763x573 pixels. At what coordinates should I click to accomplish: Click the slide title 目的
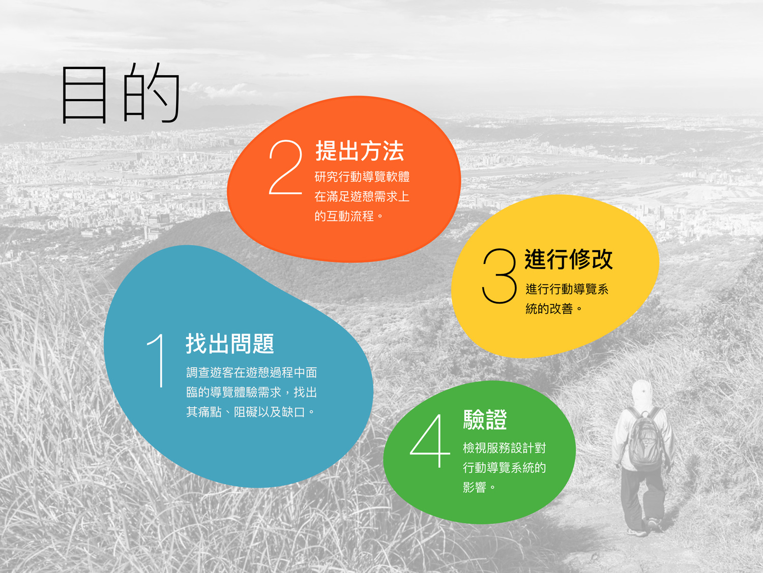point(121,93)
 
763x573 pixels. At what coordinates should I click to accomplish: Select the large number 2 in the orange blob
point(286,167)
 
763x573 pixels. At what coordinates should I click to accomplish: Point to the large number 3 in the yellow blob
point(499,276)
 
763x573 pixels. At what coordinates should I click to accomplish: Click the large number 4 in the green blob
point(430,441)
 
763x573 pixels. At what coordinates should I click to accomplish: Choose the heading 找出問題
point(230,344)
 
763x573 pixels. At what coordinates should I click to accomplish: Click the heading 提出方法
point(360,151)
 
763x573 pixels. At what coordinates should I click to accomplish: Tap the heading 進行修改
point(568,259)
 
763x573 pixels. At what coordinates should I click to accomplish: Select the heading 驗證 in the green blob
point(485,420)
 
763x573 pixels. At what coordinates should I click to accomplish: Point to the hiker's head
point(642,393)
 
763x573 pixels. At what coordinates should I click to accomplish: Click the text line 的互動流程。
point(349,216)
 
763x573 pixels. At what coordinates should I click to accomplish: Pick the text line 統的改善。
point(554,309)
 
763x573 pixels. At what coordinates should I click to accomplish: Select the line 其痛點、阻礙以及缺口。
point(251,412)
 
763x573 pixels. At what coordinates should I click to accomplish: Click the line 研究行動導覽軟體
point(362,177)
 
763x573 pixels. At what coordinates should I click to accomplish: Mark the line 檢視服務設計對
point(504,448)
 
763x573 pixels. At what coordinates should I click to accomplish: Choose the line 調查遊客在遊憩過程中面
point(251,373)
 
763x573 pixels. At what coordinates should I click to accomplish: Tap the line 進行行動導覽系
point(567,289)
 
